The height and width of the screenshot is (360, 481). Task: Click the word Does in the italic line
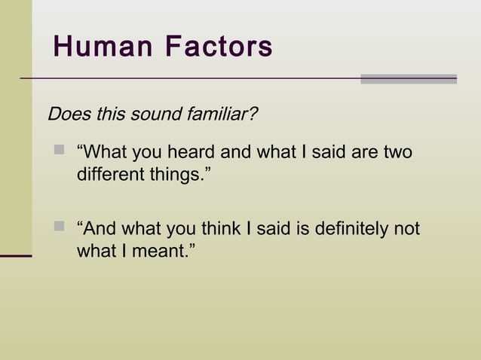[x=66, y=115]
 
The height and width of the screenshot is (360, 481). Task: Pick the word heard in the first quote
[x=190, y=152]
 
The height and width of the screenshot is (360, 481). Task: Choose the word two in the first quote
[x=397, y=152]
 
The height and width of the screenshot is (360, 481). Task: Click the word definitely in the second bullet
[x=345, y=228]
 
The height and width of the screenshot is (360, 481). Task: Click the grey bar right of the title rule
[x=409, y=79]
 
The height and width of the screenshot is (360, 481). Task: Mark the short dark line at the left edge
[x=16, y=256]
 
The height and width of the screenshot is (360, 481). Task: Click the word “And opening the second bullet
[x=96, y=228]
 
